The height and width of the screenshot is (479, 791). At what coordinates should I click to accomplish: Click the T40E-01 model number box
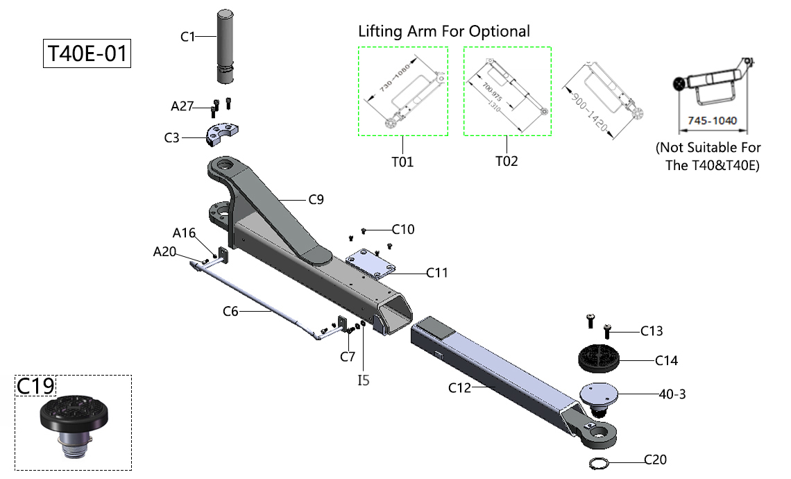tap(87, 53)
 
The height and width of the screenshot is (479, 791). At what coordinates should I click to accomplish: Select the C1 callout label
tap(188, 37)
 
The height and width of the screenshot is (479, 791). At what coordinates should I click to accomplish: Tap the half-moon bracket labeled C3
tap(221, 134)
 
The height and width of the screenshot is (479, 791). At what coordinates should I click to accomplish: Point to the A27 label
tap(183, 106)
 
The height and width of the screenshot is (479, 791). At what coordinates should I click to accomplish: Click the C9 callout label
tap(316, 201)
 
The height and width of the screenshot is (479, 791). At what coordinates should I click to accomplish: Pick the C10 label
tap(403, 229)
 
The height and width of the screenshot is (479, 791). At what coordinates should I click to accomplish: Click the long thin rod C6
tap(257, 295)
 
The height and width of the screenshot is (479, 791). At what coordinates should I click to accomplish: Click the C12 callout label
tap(459, 387)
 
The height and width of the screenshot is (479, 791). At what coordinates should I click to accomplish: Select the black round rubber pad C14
tap(598, 359)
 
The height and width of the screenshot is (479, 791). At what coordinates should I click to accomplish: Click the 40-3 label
tap(672, 394)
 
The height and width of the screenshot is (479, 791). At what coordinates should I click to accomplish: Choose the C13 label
tap(652, 331)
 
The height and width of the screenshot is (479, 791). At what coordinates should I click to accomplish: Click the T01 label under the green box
tap(402, 162)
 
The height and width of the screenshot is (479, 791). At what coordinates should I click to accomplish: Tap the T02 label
tap(507, 161)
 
